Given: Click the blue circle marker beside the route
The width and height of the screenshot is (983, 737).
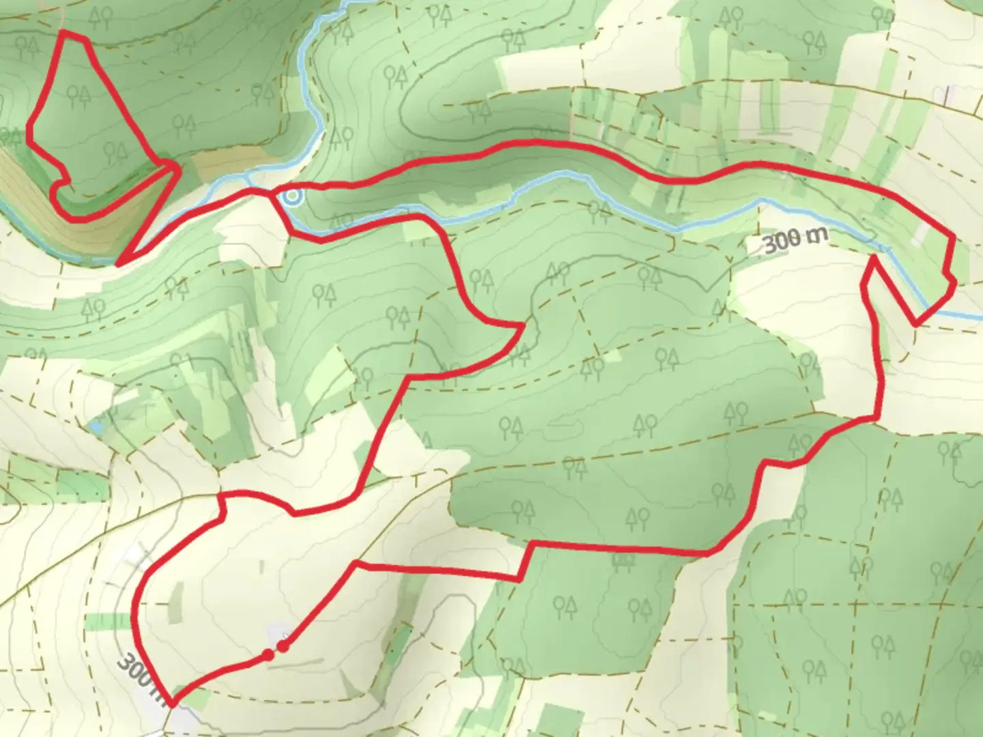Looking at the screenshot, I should tap(293, 197).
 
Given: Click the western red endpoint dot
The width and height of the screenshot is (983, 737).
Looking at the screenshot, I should tap(268, 655).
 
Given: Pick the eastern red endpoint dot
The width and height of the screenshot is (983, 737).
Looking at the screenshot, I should tap(283, 646).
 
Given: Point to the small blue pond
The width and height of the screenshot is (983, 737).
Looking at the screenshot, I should tap(96, 427).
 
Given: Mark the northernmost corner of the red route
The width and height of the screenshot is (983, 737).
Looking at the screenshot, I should tap(63, 31).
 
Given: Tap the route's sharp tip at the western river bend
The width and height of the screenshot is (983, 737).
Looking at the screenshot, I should tap(119, 263).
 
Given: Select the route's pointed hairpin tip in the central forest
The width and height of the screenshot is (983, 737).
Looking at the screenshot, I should tap(523, 326).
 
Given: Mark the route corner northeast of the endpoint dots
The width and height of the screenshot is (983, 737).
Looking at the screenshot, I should tap(356, 564).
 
